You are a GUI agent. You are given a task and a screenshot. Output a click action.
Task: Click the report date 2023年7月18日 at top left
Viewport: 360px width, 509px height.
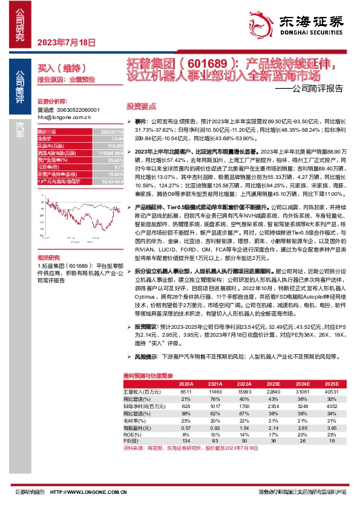[67, 43]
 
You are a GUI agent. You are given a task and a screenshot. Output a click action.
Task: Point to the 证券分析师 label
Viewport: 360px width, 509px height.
[50, 102]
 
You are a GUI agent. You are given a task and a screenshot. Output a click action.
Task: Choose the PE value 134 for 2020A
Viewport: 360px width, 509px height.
[186, 441]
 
